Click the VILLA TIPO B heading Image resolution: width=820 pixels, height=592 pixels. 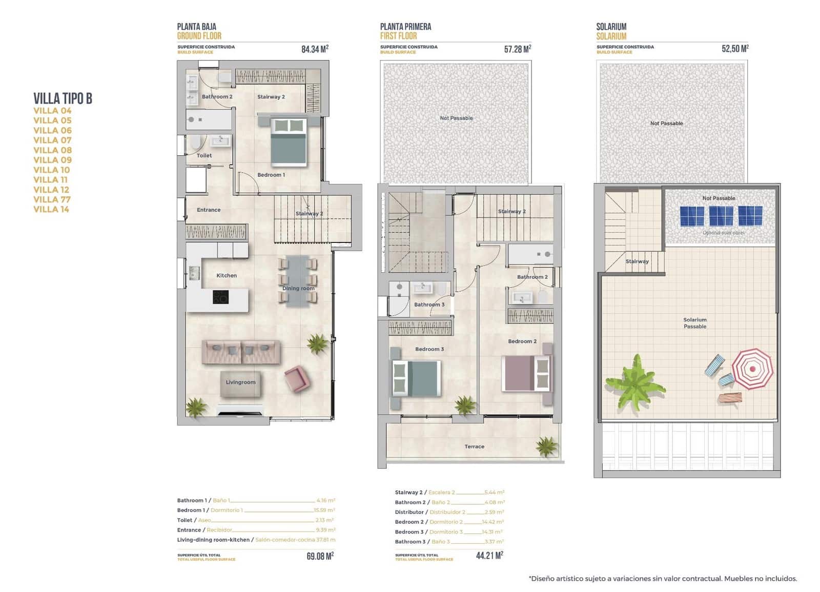click(x=63, y=98)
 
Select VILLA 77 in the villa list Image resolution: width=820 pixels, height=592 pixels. click(x=52, y=199)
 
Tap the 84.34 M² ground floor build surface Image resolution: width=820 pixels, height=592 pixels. click(x=314, y=49)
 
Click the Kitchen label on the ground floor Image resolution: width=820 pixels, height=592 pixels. click(x=226, y=275)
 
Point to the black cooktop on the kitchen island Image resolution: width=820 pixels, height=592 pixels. click(x=220, y=297)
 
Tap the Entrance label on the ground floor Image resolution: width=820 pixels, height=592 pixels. click(x=209, y=210)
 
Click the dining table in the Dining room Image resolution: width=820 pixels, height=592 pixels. click(x=298, y=281)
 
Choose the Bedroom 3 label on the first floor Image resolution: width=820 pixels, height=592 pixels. click(x=429, y=349)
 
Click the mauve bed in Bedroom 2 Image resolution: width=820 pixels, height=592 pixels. click(x=527, y=373)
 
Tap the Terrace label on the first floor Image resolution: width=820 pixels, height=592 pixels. click(x=474, y=446)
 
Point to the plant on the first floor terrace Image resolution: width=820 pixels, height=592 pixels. click(x=546, y=446)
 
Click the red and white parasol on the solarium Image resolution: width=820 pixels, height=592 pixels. click(x=752, y=369)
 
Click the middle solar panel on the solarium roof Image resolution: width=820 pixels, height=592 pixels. click(x=721, y=216)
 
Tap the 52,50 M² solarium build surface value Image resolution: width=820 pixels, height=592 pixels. click(x=734, y=49)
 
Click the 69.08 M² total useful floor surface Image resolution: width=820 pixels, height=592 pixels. click(x=320, y=556)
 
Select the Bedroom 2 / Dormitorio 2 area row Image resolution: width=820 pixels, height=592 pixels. click(x=449, y=522)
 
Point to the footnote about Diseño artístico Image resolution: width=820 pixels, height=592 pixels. click(x=663, y=579)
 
